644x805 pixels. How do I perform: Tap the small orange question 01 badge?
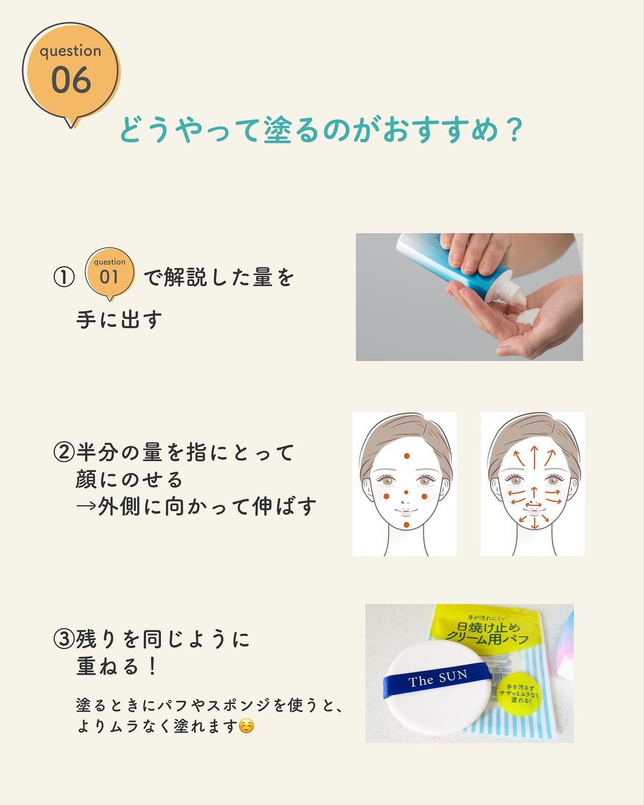point(109,273)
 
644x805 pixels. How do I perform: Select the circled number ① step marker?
point(64,277)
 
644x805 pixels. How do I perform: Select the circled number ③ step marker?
point(64,639)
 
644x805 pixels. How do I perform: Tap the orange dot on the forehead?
point(407,456)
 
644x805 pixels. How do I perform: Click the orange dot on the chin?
point(407,525)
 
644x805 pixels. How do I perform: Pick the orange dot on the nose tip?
point(406,492)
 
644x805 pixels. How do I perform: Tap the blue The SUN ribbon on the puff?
point(437,678)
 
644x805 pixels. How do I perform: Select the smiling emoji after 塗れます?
point(246,726)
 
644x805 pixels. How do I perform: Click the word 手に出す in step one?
point(119,320)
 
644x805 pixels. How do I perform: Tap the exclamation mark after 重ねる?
point(152,667)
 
